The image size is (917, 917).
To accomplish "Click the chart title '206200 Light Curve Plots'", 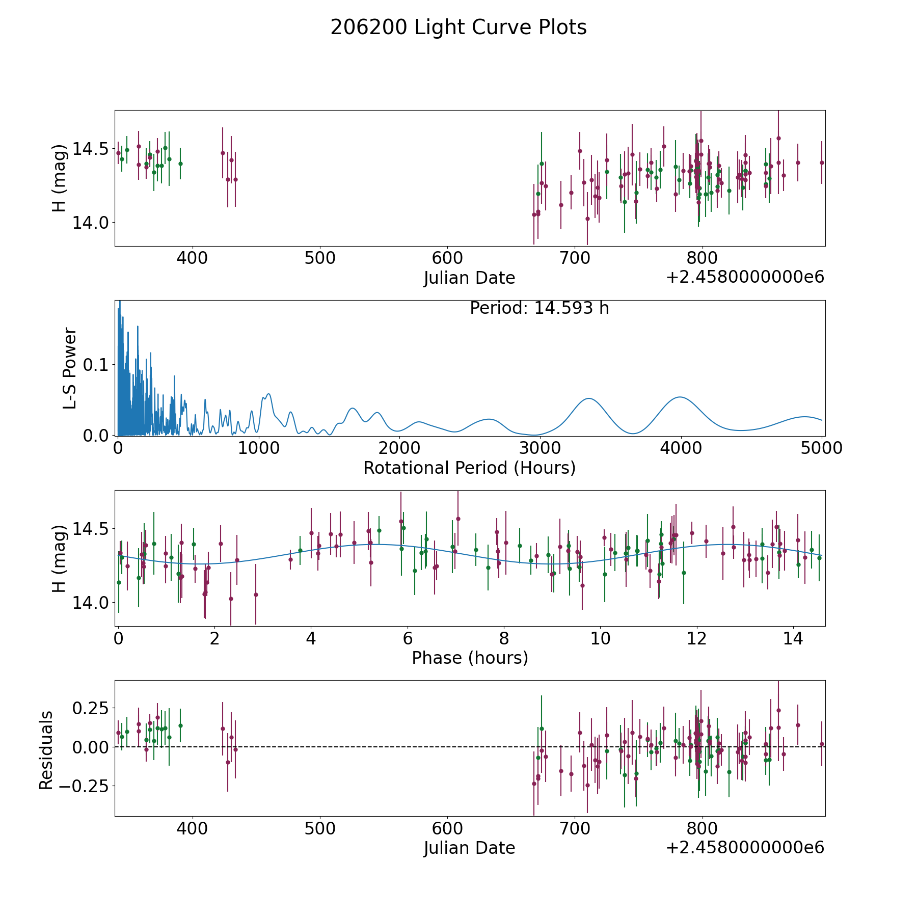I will [x=459, y=28].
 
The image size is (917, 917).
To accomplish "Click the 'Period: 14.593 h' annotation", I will [x=539, y=308].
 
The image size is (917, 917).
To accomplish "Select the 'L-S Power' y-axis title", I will [x=70, y=368].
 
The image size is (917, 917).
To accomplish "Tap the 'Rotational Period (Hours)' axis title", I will [x=469, y=468].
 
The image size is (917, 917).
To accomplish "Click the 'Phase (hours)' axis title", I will [x=469, y=658].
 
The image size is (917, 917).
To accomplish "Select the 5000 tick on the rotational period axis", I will [x=822, y=448].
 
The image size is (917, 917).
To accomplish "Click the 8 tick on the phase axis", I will [x=504, y=638].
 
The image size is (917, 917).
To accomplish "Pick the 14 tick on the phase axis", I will [x=793, y=638].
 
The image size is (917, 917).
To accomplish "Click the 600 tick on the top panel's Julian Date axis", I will [x=447, y=258].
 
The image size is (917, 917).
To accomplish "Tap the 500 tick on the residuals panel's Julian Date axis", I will [x=320, y=828].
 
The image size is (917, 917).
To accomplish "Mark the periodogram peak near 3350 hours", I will [x=589, y=398].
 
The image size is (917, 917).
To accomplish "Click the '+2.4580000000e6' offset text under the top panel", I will [x=745, y=277].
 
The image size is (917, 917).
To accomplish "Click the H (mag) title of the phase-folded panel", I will [x=60, y=558].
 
